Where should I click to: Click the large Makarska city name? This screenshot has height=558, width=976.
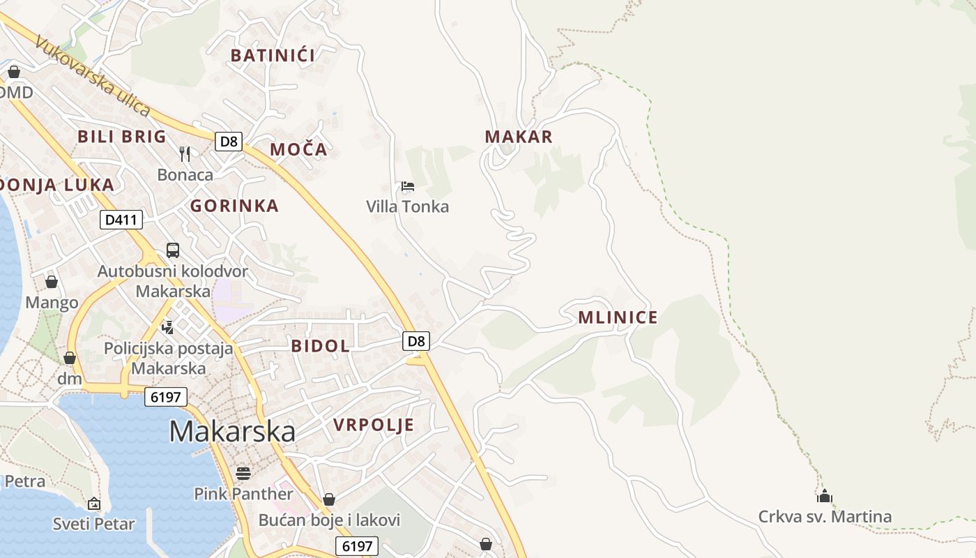coord(232,432)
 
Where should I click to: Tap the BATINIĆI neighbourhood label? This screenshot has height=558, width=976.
coord(273,56)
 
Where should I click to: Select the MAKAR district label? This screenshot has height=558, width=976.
coord(519,137)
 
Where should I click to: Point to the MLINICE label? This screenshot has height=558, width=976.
coord(618,318)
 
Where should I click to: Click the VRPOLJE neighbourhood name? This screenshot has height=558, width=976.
coord(374,425)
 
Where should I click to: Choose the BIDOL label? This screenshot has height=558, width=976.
coord(320,346)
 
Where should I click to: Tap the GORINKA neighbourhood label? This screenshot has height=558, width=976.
coord(234,206)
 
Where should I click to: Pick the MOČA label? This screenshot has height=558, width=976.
coord(298,149)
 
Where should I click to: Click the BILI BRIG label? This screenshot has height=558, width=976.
coord(122,136)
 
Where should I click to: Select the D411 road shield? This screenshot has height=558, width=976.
coord(121,220)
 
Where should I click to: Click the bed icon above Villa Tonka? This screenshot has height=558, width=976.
coord(408,186)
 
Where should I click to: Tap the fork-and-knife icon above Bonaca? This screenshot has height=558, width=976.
coord(185,153)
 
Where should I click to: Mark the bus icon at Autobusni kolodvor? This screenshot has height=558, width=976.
coord(173,250)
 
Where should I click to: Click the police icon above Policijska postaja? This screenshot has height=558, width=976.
coord(167,326)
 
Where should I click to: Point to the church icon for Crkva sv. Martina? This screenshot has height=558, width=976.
coord(825,497)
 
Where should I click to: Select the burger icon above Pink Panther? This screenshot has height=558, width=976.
coord(243,473)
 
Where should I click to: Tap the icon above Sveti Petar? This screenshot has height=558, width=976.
coord(93,503)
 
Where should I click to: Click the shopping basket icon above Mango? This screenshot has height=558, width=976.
coord(51,282)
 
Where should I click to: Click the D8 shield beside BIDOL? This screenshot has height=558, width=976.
coord(416,341)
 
